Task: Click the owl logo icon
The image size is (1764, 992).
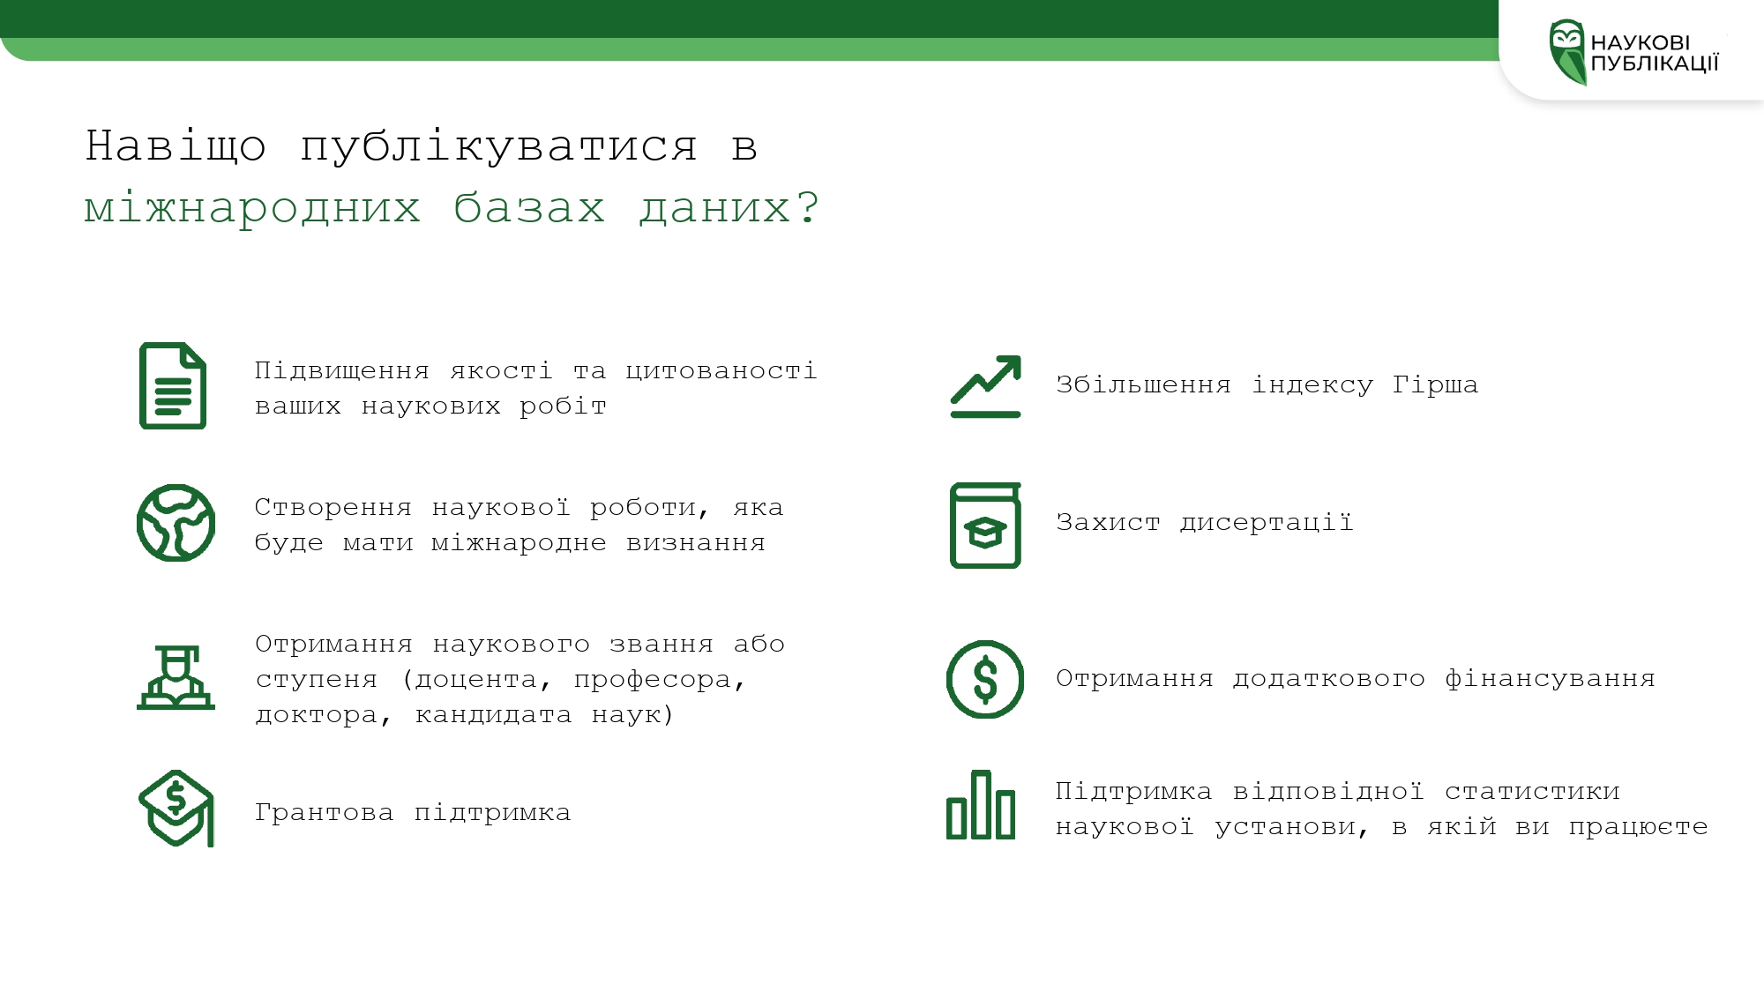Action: pyautogui.click(x=1567, y=52)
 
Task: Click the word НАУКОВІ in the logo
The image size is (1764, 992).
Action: pyautogui.click(x=1641, y=42)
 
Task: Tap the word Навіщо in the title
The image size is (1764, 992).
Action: pyautogui.click(x=176, y=145)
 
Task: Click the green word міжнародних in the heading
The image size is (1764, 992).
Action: pyautogui.click(x=252, y=208)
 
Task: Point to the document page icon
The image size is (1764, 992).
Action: pyautogui.click(x=173, y=385)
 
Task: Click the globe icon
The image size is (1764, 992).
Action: pyautogui.click(x=176, y=523)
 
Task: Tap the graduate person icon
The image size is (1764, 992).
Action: pyautogui.click(x=176, y=677)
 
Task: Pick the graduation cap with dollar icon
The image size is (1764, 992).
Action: pyautogui.click(x=176, y=808)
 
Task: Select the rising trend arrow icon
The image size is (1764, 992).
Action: pyautogui.click(x=986, y=386)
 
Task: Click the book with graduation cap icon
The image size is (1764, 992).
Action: pyautogui.click(x=985, y=526)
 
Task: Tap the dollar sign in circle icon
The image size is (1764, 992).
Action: pyautogui.click(x=985, y=679)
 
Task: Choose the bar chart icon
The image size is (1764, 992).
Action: pyautogui.click(x=981, y=804)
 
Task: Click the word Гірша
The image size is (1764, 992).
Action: pyautogui.click(x=1435, y=384)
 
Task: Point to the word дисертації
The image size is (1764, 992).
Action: pyautogui.click(x=1267, y=522)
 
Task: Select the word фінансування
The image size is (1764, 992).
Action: pyautogui.click(x=1550, y=678)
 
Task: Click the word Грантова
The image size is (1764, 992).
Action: pyautogui.click(x=324, y=812)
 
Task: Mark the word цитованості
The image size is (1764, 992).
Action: pyautogui.click(x=721, y=371)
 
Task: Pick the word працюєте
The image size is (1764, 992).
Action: pyautogui.click(x=1638, y=827)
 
